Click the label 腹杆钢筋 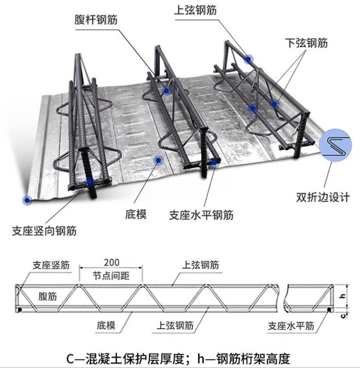click(95, 20)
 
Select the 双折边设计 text click(323, 197)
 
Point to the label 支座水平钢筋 click(201, 215)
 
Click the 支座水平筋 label click(291, 326)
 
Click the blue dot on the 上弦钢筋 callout click(248, 59)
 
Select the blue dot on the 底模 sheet click(158, 160)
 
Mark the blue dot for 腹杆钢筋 click(166, 91)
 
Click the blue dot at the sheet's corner click(27, 200)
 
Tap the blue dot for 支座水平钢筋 click(215, 161)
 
